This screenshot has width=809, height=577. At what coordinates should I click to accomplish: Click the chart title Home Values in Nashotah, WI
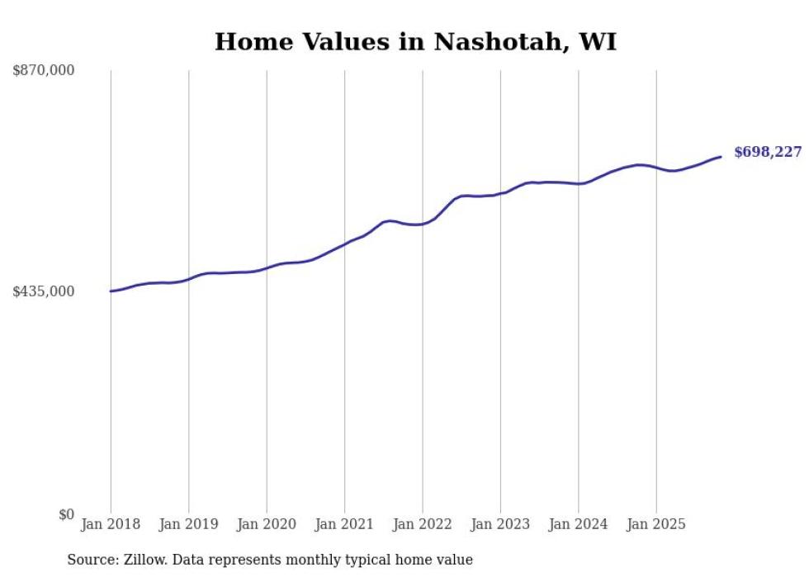click(415, 42)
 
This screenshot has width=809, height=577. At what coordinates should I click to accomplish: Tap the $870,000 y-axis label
click(44, 71)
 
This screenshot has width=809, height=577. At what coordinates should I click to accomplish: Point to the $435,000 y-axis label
click(44, 291)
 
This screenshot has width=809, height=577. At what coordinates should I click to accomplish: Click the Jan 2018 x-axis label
click(111, 524)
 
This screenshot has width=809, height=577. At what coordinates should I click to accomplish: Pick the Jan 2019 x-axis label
click(188, 524)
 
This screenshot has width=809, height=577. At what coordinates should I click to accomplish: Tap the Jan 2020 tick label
click(267, 524)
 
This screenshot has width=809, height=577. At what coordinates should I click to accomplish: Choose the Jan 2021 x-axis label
click(344, 524)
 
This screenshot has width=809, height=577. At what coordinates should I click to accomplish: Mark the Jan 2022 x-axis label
click(423, 524)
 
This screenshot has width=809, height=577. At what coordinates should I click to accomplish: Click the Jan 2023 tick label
click(500, 524)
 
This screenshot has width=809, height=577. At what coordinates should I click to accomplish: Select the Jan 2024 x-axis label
click(579, 524)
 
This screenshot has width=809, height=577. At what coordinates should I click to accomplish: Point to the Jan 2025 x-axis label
click(656, 524)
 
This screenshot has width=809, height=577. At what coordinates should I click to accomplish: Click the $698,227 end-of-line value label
click(767, 153)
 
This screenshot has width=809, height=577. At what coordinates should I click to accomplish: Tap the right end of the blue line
click(721, 157)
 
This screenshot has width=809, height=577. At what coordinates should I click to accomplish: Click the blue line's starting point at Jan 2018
click(111, 291)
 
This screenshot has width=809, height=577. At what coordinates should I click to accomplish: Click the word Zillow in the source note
click(141, 560)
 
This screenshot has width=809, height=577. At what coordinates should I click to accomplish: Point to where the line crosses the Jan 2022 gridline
click(423, 224)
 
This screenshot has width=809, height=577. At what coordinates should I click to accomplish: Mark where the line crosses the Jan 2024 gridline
click(579, 183)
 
